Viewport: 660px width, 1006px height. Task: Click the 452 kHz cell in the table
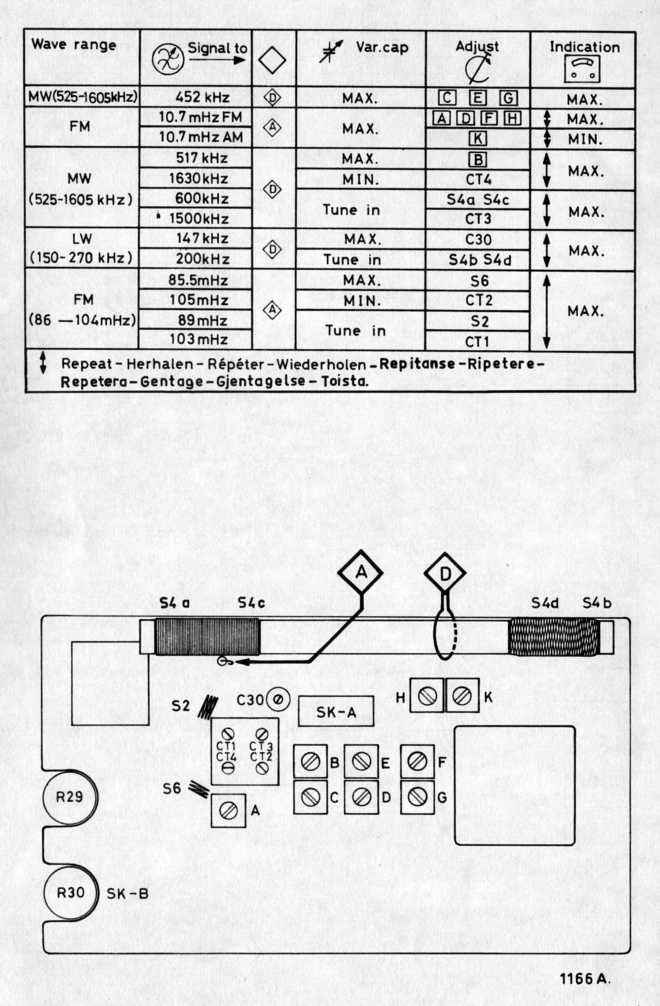click(x=202, y=98)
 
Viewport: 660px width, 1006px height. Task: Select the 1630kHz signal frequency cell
click(x=199, y=179)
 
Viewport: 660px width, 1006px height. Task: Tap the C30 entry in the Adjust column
click(x=478, y=240)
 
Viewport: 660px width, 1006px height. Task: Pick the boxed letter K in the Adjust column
click(x=478, y=138)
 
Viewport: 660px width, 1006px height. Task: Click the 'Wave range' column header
click(x=74, y=45)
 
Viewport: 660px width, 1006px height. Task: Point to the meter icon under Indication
click(x=583, y=69)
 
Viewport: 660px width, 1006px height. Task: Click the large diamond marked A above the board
click(x=361, y=573)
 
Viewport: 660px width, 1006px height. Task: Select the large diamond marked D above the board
click(x=445, y=574)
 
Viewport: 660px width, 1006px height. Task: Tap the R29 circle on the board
click(x=70, y=797)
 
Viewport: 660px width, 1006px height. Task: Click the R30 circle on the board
click(x=71, y=893)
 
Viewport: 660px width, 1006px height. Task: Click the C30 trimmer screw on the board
click(x=278, y=700)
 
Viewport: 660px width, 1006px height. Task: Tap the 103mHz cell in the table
click(x=199, y=339)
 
